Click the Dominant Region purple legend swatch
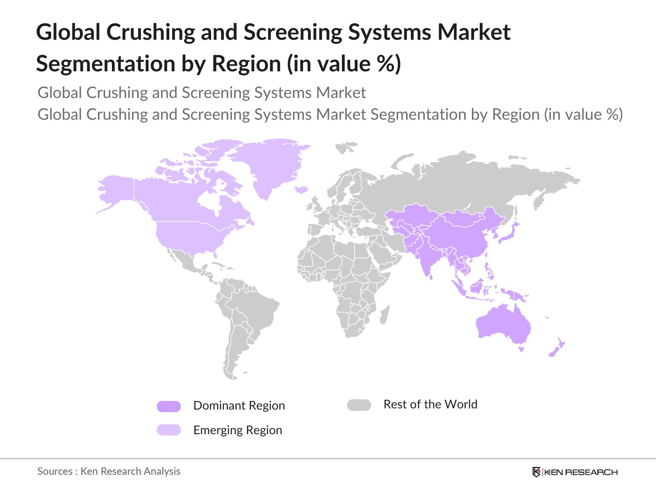[x=169, y=406]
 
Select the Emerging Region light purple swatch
[x=169, y=430]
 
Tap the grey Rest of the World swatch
[x=359, y=405]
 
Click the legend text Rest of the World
[x=430, y=404]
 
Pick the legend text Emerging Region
[x=237, y=430]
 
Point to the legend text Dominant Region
[x=239, y=405]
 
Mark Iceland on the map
[x=301, y=190]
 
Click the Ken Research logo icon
[x=536, y=472]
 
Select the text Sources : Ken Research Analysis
[x=109, y=471]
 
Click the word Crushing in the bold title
[x=150, y=32]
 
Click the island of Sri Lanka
[x=431, y=277]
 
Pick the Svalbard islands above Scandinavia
[x=345, y=147]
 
